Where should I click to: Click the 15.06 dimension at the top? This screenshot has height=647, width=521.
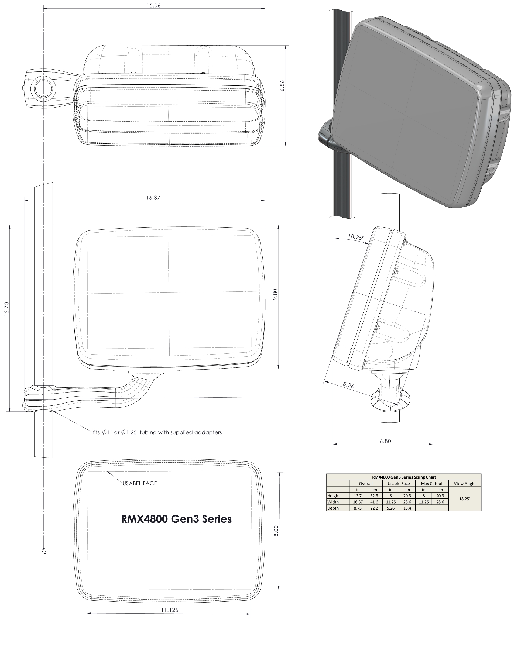153,5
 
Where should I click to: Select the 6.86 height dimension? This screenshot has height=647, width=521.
282,85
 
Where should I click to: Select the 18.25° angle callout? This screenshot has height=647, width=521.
356,237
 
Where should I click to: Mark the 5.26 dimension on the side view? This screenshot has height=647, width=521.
348,385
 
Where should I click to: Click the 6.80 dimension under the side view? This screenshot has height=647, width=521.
385,441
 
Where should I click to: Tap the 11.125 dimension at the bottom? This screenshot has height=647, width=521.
170,610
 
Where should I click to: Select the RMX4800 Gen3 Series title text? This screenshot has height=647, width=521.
176,519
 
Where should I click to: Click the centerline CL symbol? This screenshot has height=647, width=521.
44,551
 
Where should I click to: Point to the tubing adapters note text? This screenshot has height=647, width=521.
157,432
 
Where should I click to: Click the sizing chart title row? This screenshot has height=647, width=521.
404,477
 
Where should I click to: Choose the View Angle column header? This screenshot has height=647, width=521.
464,483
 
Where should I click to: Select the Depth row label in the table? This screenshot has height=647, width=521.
333,508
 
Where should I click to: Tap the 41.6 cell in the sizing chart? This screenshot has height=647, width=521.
374,502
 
